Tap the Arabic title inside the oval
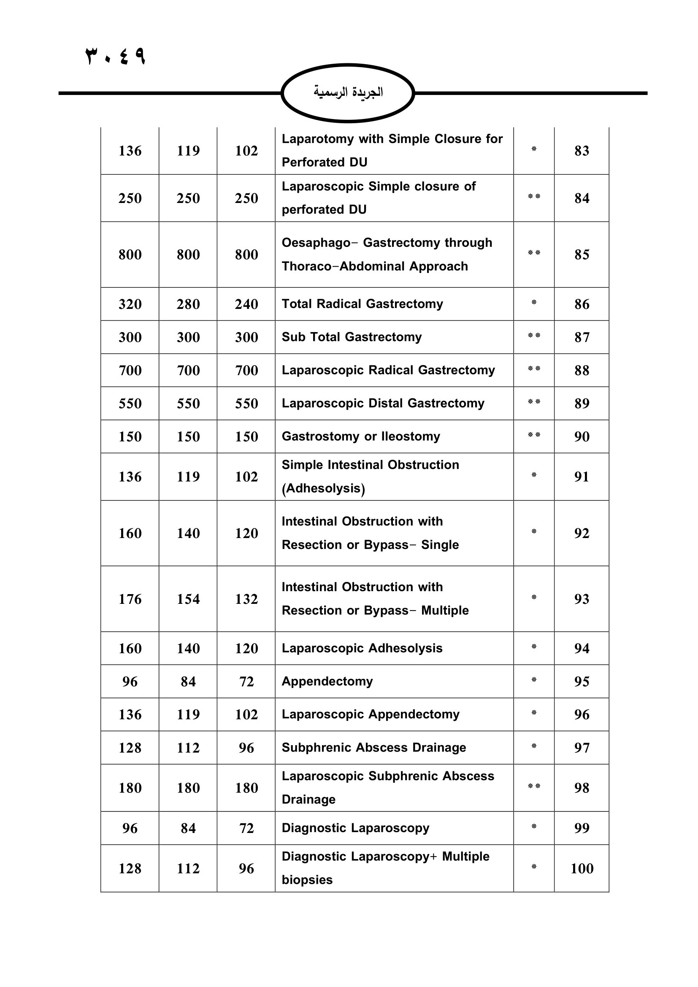point(348,92)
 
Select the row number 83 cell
point(582,151)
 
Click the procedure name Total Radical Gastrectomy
point(362,304)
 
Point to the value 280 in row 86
point(188,304)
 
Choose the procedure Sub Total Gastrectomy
point(352,337)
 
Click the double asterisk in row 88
point(534,369)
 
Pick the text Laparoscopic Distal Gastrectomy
point(382,403)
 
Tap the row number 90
point(582,437)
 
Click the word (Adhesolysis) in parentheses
point(323,488)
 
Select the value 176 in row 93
point(130,599)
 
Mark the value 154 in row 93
point(188,599)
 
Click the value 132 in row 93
point(246,599)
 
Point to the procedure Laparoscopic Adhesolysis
point(362,648)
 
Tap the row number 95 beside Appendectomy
point(582,681)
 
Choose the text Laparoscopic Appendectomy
point(371,714)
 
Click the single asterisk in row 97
point(534,747)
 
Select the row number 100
point(582,869)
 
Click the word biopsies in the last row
point(307,880)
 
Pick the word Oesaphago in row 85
point(316,243)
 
